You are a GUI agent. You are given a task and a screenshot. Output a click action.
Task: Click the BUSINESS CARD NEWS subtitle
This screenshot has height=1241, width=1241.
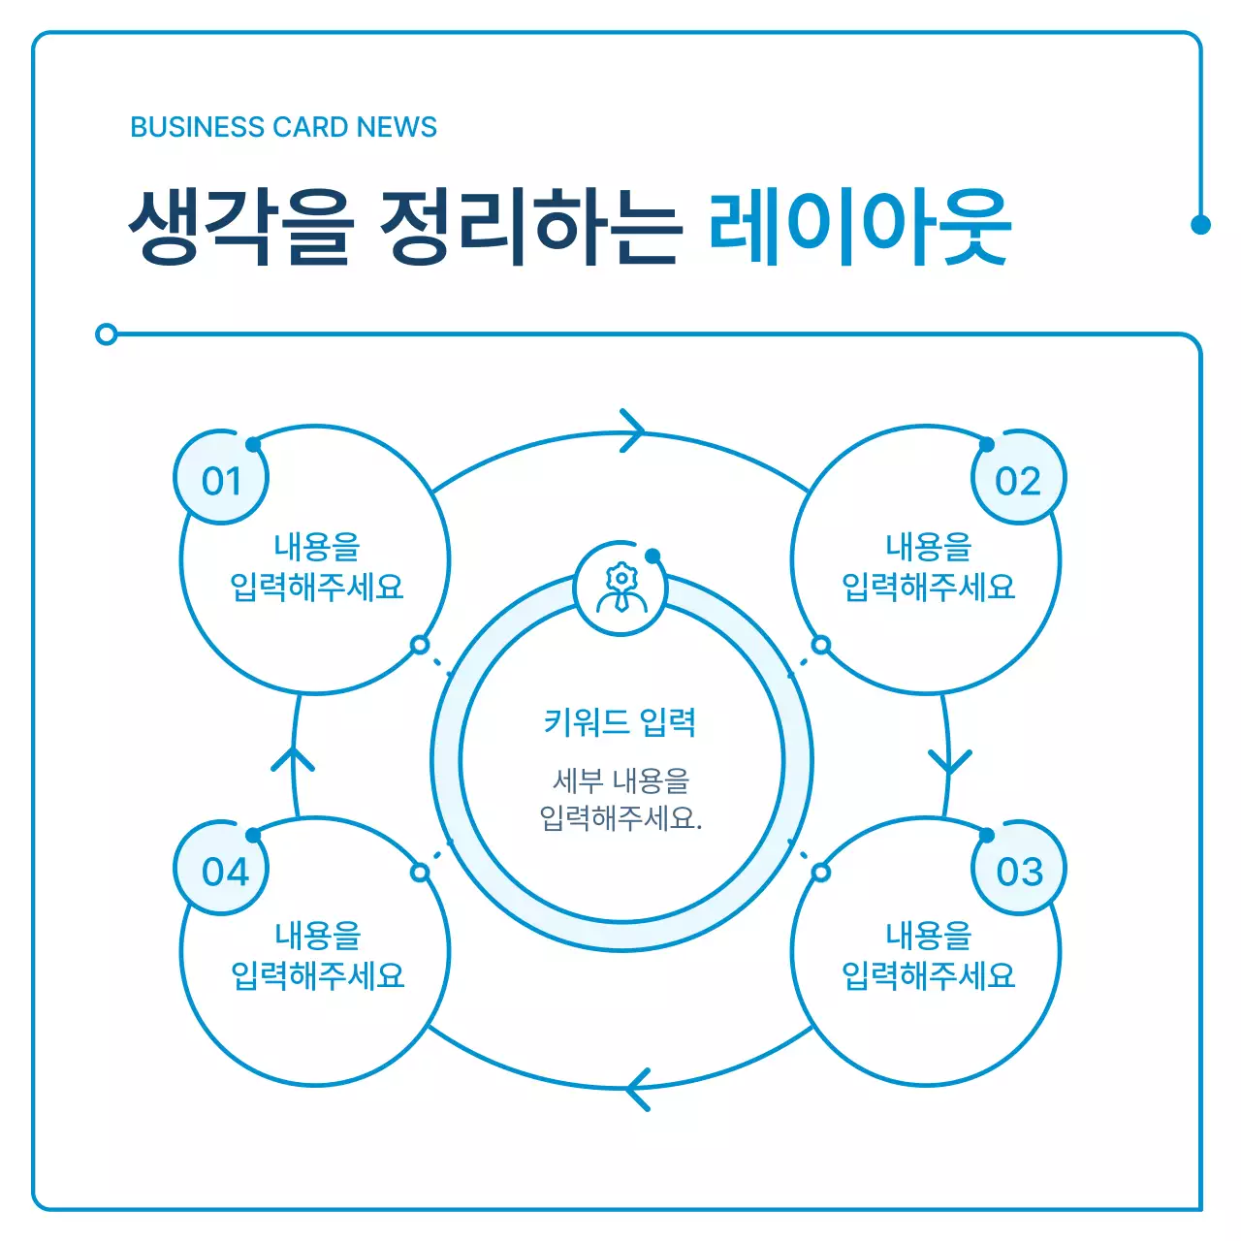pyautogui.click(x=283, y=127)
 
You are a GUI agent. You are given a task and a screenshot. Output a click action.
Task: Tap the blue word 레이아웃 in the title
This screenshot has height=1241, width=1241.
pyautogui.click(x=859, y=227)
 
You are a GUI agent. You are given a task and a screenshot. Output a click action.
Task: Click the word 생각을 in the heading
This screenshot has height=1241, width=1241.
pyautogui.click(x=241, y=227)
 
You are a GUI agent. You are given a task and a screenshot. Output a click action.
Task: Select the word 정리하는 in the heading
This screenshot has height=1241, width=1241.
pyautogui.click(x=530, y=227)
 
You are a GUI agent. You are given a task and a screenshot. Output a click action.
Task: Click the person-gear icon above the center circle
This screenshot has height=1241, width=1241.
pyautogui.click(x=620, y=589)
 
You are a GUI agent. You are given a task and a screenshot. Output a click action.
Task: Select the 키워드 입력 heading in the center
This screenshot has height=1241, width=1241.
pyautogui.click(x=620, y=722)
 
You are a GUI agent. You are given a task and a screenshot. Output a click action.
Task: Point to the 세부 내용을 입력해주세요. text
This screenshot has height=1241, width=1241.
pyautogui.click(x=620, y=799)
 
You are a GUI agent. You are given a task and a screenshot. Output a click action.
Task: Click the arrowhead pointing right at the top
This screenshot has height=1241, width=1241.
pyautogui.click(x=633, y=430)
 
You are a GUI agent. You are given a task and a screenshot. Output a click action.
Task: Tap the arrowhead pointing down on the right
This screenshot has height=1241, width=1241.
pyautogui.click(x=950, y=761)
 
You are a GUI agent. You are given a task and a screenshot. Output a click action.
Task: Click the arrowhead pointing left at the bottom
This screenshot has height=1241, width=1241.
pyautogui.click(x=637, y=1089)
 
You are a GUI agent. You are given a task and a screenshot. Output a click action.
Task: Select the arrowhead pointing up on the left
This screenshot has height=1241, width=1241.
pyautogui.click(x=293, y=759)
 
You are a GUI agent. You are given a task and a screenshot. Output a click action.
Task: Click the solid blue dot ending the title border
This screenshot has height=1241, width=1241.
pyautogui.click(x=1200, y=225)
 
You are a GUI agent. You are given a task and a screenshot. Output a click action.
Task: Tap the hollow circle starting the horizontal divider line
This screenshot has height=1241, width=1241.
pyautogui.click(x=107, y=334)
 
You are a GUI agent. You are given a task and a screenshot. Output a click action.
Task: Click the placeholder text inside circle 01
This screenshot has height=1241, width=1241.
pyautogui.click(x=316, y=567)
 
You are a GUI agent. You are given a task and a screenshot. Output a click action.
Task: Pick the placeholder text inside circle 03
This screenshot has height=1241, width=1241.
pyautogui.click(x=928, y=955)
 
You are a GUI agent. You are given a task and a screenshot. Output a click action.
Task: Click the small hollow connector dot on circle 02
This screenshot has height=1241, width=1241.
pyautogui.click(x=821, y=645)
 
